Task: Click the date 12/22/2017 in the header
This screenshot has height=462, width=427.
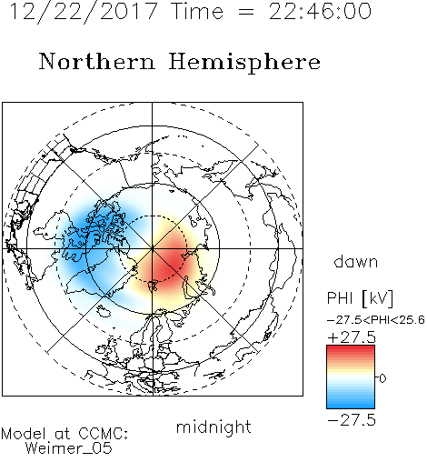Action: click(x=84, y=12)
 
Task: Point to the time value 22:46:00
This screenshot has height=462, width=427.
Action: click(x=320, y=11)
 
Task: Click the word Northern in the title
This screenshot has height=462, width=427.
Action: click(x=97, y=61)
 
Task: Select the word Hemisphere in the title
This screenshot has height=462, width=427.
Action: click(x=244, y=63)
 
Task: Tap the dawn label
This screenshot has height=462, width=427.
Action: click(x=356, y=261)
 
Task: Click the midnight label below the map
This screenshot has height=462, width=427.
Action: click(x=213, y=427)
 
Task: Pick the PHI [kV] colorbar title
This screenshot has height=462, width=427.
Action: click(x=360, y=298)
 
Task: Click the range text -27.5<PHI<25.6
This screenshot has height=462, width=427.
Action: click(x=376, y=319)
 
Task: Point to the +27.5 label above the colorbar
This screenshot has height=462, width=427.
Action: click(x=352, y=337)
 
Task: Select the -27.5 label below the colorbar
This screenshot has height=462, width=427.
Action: click(x=352, y=420)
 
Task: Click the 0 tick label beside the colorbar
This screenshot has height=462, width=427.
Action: click(x=382, y=378)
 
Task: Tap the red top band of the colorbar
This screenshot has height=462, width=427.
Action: click(x=351, y=349)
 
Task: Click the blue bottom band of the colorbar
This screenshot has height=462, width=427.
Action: click(x=351, y=404)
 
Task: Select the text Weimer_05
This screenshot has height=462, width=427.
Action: click(x=69, y=448)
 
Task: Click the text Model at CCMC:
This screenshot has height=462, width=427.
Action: click(x=65, y=434)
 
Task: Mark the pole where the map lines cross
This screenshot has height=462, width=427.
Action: click(x=153, y=248)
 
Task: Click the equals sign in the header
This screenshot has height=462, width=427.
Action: click(x=245, y=12)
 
